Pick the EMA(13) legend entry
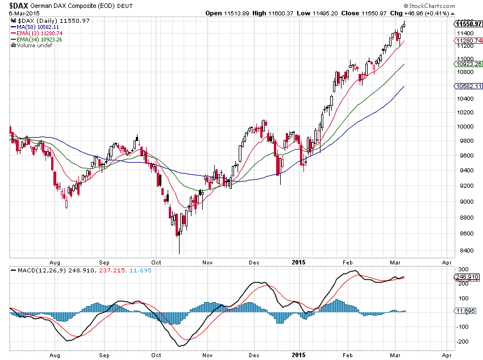point(36,33)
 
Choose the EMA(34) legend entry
point(36,39)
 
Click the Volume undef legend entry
point(31,45)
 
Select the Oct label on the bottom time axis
point(156,262)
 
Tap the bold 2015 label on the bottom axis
point(298,262)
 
